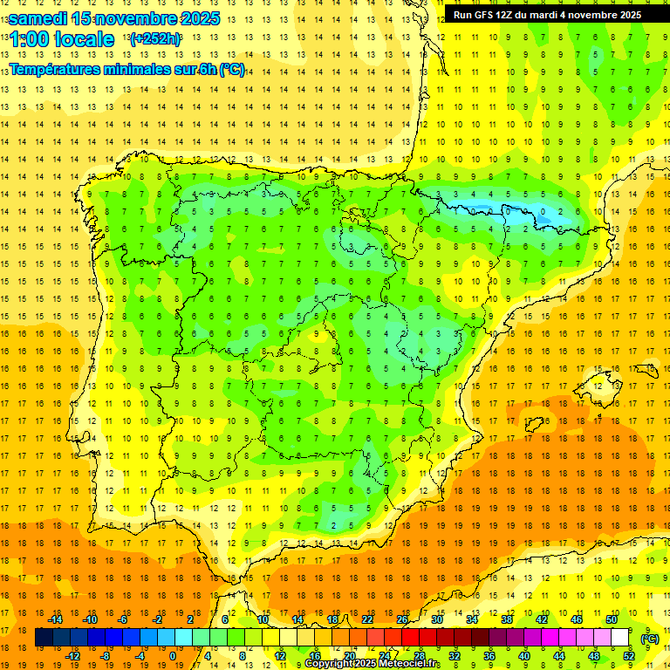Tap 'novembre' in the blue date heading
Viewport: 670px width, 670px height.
[133, 17]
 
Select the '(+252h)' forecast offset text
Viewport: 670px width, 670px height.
[155, 39]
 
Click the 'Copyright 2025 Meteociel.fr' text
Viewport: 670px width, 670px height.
[373, 664]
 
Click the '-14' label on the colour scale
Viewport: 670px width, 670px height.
[55, 619]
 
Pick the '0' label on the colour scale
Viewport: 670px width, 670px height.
[172, 656]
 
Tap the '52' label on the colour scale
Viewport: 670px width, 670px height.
[628, 656]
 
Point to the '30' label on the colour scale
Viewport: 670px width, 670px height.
[436, 619]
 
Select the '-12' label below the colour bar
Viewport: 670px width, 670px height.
[72, 656]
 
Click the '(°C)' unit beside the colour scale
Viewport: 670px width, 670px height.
[649, 639]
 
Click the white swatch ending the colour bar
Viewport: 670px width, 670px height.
[619, 638]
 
